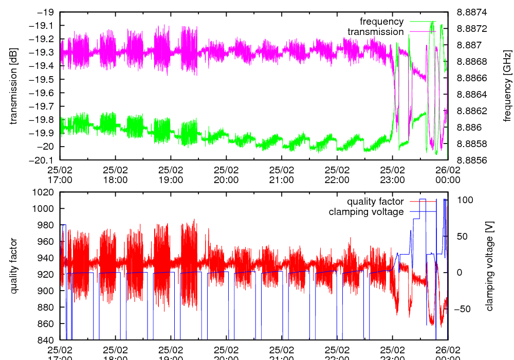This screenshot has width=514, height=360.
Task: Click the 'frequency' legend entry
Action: click(381, 22)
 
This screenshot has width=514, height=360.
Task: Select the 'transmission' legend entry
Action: click(375, 32)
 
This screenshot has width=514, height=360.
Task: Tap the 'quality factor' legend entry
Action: click(375, 202)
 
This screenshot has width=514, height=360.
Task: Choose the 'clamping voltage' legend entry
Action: click(366, 212)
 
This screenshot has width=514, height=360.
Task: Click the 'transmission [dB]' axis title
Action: click(14, 86)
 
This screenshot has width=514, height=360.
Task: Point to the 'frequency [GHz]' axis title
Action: click(508, 86)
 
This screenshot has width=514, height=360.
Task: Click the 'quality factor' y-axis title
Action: click(14, 266)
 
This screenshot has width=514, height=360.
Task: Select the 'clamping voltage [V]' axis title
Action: click(489, 266)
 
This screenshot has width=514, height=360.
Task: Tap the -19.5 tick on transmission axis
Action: click(44, 79)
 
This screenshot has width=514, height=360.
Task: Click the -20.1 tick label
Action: click(44, 160)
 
